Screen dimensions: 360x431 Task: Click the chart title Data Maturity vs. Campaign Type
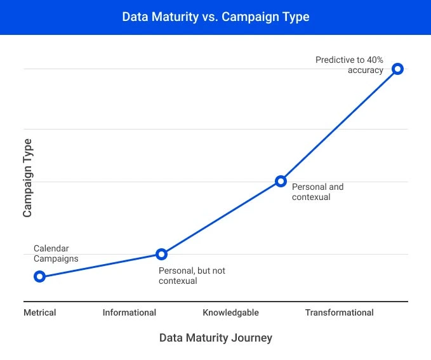click(x=215, y=17)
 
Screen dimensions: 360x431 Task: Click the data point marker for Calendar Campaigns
click(x=39, y=276)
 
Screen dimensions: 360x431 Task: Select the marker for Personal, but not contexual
click(x=161, y=254)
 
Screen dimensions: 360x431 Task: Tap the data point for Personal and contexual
click(x=281, y=181)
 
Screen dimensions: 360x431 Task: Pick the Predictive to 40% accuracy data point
click(x=397, y=69)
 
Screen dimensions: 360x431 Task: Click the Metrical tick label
click(x=40, y=312)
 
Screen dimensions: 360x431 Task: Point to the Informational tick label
click(x=129, y=312)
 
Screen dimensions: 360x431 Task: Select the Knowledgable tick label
click(x=230, y=312)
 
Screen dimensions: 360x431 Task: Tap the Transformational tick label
click(x=339, y=312)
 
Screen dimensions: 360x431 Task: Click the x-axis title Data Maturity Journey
click(x=215, y=338)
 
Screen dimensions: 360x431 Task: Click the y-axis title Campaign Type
click(x=27, y=178)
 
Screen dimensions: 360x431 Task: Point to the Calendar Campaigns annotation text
click(x=56, y=253)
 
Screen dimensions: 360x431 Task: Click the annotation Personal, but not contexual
click(x=192, y=276)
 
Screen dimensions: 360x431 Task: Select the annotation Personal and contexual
click(x=317, y=192)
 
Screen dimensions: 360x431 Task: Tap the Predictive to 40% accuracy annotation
click(x=350, y=65)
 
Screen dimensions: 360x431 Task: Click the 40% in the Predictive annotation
click(x=375, y=60)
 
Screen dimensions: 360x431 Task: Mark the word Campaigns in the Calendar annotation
click(x=56, y=258)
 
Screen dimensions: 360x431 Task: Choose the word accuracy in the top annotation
click(x=366, y=70)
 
